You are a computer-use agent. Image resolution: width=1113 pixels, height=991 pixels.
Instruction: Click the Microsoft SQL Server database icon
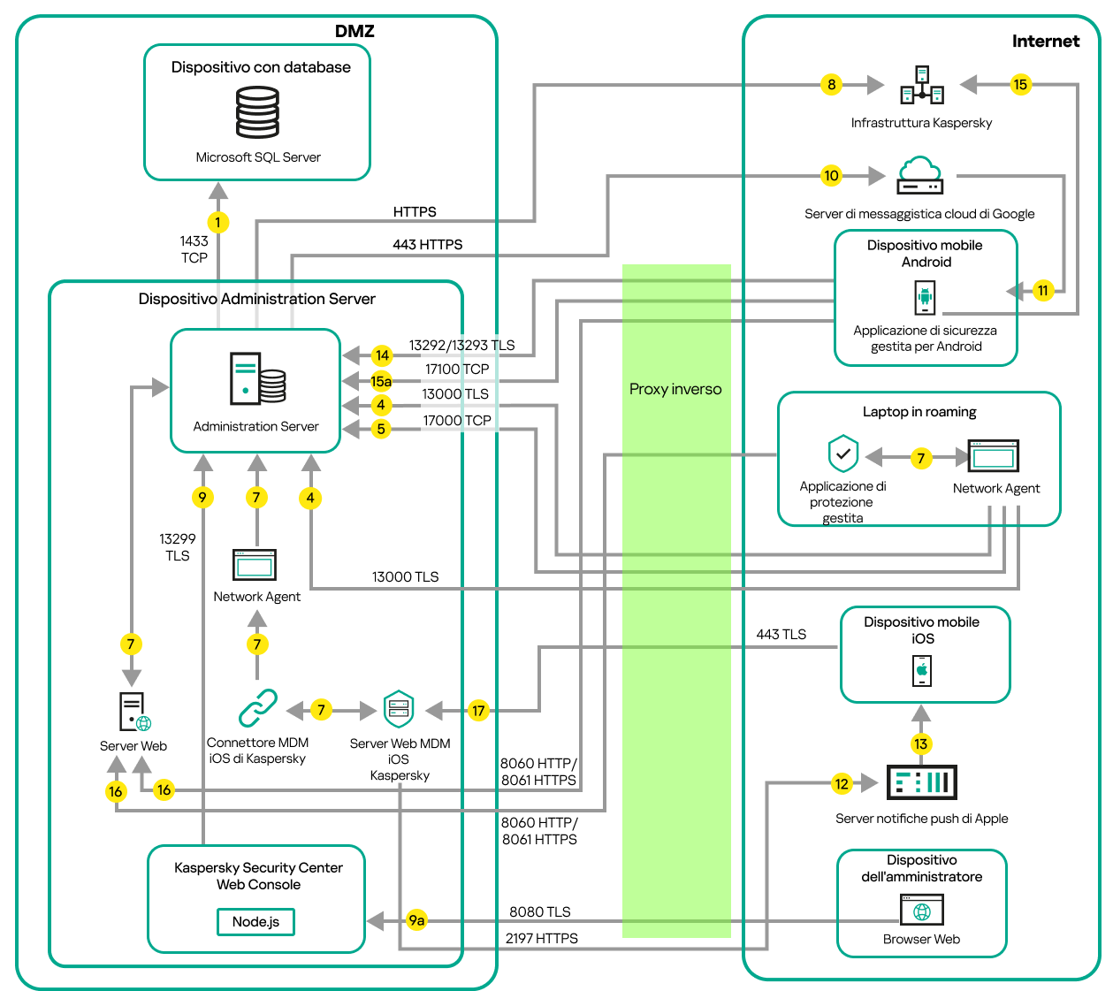(257, 111)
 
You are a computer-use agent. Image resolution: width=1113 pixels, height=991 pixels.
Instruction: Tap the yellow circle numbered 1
(217, 223)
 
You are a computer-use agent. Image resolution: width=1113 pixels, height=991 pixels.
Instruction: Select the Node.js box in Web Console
(255, 922)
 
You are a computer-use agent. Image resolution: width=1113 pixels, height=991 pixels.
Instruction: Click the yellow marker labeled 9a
(416, 920)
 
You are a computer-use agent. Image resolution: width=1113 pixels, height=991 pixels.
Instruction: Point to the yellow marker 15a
(381, 381)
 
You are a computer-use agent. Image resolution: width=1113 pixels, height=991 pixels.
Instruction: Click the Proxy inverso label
(675, 389)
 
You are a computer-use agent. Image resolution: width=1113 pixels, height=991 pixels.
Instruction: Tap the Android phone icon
(925, 297)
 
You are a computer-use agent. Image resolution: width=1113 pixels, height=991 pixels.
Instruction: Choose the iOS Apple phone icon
(922, 671)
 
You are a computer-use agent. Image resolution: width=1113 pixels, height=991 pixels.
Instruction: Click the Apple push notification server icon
(921, 782)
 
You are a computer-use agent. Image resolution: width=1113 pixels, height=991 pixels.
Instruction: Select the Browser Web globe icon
(922, 911)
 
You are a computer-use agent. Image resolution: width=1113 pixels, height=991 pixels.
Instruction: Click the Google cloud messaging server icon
(920, 176)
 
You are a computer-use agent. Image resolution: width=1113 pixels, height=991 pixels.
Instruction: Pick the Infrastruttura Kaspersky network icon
(922, 85)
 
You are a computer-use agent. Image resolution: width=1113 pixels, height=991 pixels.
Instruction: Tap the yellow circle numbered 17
(478, 711)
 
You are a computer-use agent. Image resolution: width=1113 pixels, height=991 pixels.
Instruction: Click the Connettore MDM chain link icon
(257, 708)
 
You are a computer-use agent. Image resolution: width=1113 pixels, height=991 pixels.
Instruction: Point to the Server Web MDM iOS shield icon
(399, 709)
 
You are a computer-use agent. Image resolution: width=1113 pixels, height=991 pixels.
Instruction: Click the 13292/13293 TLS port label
(461, 346)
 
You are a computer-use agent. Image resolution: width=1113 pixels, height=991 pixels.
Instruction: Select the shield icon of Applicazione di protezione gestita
(843, 454)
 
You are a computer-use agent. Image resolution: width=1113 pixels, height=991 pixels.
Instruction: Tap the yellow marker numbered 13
(921, 743)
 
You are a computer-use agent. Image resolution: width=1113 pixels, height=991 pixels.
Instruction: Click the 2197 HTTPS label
(541, 939)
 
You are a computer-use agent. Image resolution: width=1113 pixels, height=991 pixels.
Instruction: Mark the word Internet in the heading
(1045, 42)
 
